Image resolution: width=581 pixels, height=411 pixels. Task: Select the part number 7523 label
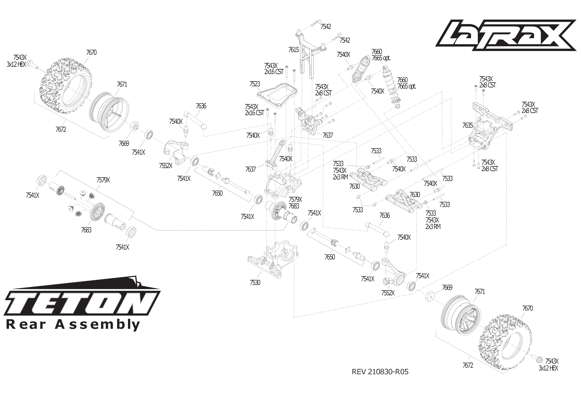pos(255,84)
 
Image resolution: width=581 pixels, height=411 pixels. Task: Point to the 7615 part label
pos(294,50)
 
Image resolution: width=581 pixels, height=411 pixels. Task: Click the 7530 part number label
pos(255,282)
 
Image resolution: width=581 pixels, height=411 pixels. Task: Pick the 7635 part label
pos(467,125)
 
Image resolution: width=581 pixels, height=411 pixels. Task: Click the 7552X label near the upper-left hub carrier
pos(166,166)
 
